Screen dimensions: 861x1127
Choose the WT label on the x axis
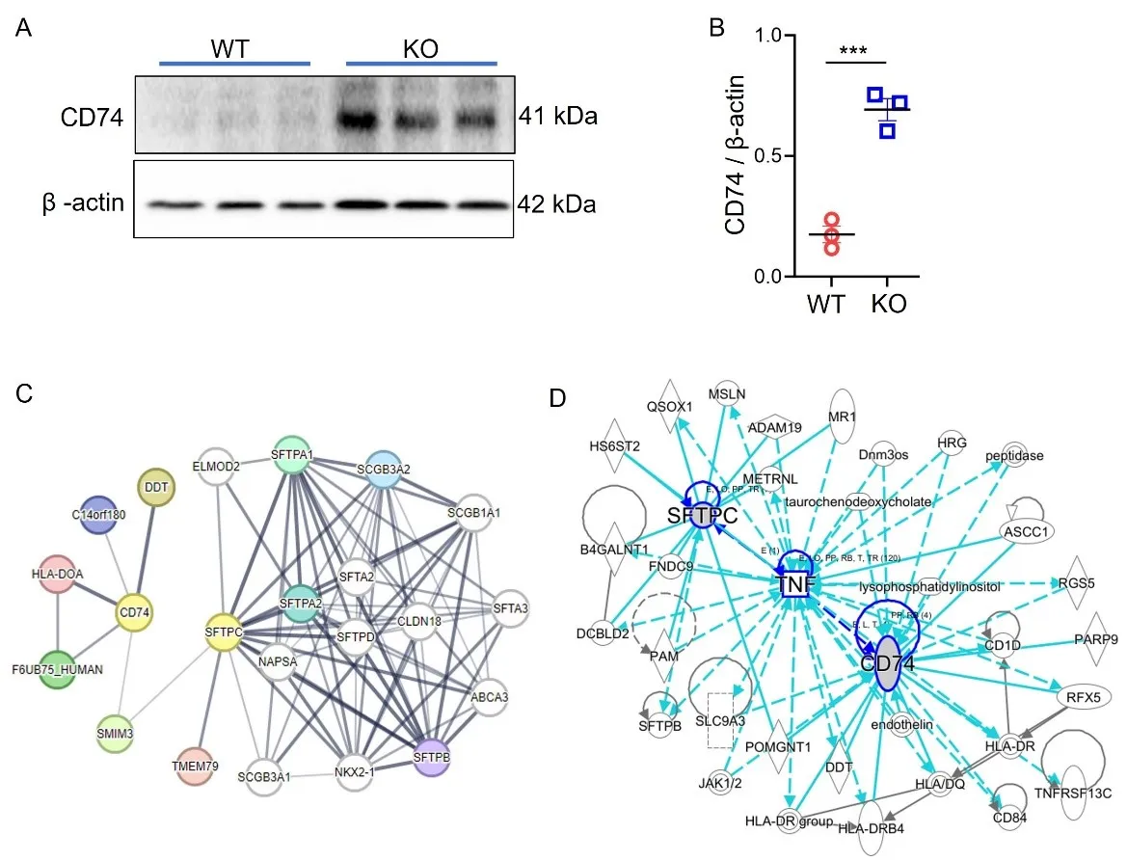pyautogui.click(x=827, y=304)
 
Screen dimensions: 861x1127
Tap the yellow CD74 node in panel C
pyautogui.click(x=135, y=610)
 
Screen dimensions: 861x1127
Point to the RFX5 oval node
pyautogui.click(x=1076, y=696)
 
